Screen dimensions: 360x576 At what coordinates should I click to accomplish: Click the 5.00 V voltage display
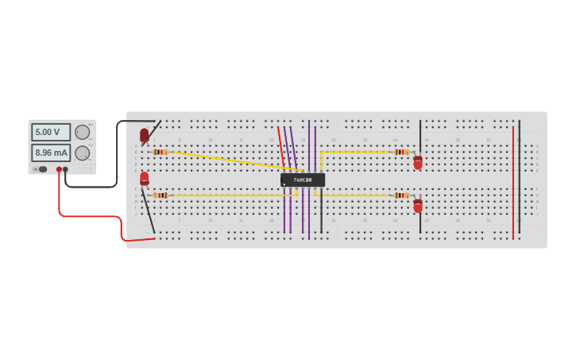50,132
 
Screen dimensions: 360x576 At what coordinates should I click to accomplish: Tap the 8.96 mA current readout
50,153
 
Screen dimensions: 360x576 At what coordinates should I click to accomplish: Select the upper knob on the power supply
82,132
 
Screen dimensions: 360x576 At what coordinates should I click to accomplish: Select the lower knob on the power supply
82,153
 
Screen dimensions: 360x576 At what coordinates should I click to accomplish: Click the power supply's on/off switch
41,169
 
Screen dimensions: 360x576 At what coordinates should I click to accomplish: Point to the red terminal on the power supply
59,169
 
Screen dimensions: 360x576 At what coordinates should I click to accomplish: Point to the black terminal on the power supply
65,169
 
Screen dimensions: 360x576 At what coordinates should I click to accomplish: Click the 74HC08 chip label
303,180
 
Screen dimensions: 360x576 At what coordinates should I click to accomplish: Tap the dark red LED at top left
145,135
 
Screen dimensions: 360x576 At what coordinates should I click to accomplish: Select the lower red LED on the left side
145,179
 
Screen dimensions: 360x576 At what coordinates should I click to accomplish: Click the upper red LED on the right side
418,162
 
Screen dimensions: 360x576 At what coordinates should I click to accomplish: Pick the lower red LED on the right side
418,206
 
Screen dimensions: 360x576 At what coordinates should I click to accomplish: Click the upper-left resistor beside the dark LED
160,152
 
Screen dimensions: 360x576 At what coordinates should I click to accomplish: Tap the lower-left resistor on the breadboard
160,195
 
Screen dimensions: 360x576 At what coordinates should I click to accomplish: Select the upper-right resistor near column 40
401,152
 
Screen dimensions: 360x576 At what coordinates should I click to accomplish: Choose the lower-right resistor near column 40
401,195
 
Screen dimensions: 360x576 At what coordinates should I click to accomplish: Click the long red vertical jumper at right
513,183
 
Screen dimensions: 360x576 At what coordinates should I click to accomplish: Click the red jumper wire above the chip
280,147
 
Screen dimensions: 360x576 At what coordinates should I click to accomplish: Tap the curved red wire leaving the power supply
87,215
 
